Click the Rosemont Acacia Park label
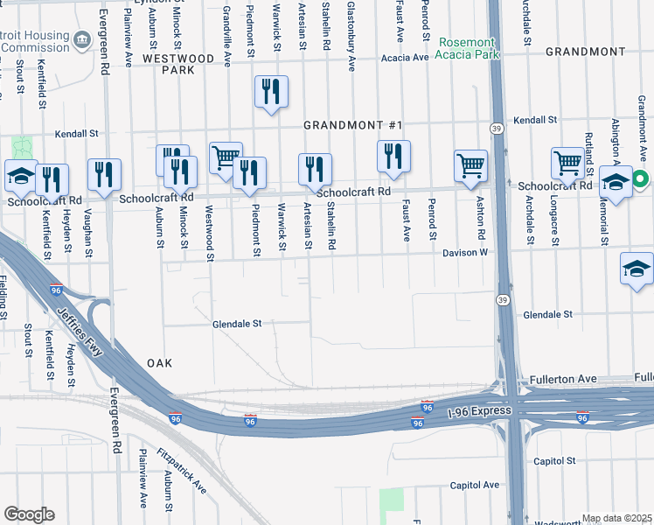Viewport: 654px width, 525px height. [x=468, y=48]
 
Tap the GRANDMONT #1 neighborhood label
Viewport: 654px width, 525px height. [x=352, y=125]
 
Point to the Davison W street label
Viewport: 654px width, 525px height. [x=467, y=252]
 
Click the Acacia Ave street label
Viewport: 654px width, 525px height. [x=405, y=58]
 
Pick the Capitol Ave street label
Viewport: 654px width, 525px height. [x=475, y=485]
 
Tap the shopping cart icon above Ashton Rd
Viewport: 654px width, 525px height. [x=470, y=165]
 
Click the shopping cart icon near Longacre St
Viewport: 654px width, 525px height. [x=567, y=163]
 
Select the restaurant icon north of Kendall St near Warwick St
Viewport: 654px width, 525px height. [x=271, y=91]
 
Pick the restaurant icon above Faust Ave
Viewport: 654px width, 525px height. [x=393, y=156]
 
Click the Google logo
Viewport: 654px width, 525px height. [x=29, y=514]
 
